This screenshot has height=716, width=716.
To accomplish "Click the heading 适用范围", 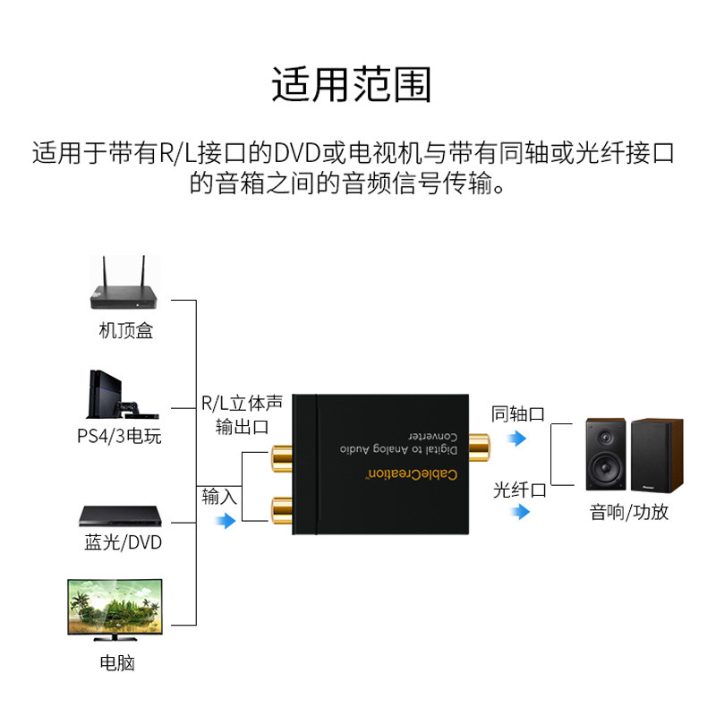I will [352, 85].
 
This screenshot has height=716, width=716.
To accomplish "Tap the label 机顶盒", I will [125, 331].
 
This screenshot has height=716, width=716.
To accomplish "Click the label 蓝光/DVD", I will [124, 542].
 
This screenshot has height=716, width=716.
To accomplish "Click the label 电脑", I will [117, 664].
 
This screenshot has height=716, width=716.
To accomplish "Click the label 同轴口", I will [518, 414].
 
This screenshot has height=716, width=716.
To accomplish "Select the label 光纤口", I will [520, 490].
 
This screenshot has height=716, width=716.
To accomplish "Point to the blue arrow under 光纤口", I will [518, 513].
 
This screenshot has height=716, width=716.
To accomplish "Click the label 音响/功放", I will [629, 512].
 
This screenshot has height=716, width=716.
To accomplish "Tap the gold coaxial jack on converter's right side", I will [479, 441].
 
